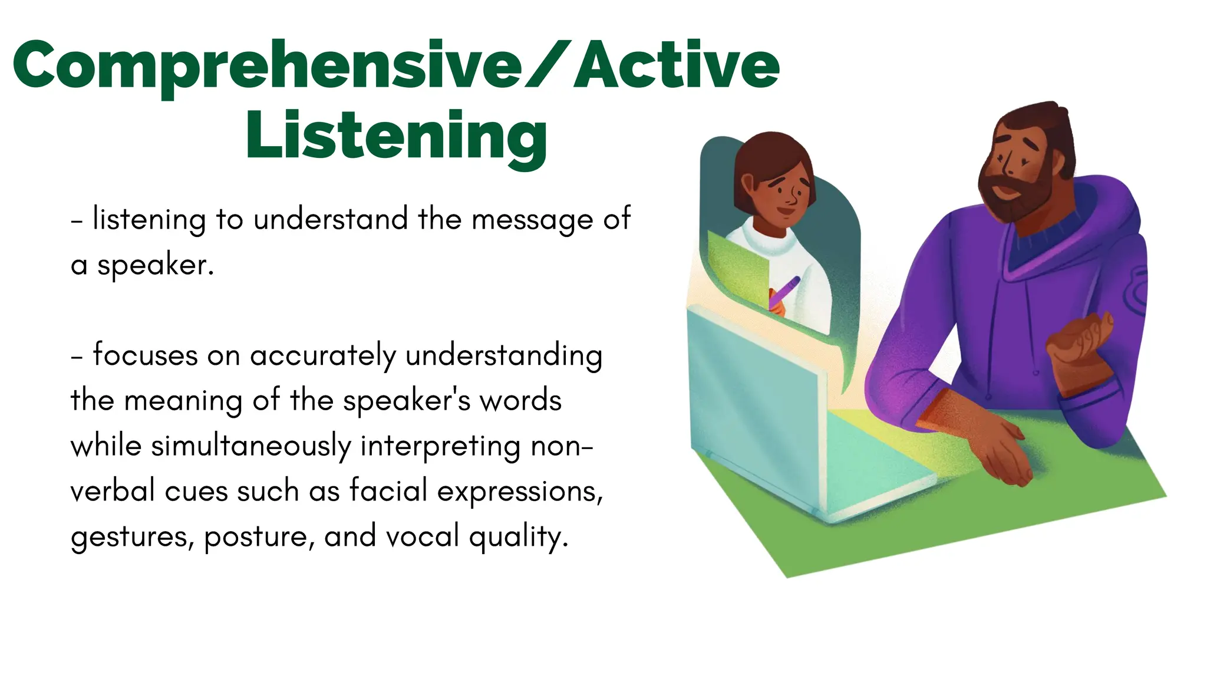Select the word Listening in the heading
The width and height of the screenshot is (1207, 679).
point(397,137)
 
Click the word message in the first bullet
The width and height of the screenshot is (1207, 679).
point(533,220)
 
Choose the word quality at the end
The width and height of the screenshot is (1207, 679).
point(519,537)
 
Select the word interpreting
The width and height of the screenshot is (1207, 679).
point(440,447)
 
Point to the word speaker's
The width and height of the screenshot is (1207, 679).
point(407,401)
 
